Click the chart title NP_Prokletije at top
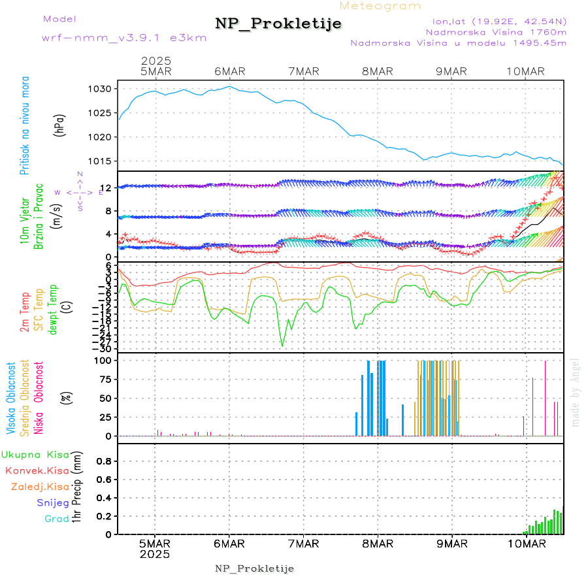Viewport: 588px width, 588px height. point(278,24)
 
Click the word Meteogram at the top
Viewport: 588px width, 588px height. point(380,6)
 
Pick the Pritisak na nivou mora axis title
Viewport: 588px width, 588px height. point(24,125)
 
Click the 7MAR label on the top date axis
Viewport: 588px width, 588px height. point(303,71)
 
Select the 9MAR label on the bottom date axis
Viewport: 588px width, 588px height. point(451,544)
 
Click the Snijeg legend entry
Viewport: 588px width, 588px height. point(57,502)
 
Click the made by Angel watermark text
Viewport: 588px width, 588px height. point(575,392)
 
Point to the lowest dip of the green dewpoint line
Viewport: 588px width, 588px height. point(282,346)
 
